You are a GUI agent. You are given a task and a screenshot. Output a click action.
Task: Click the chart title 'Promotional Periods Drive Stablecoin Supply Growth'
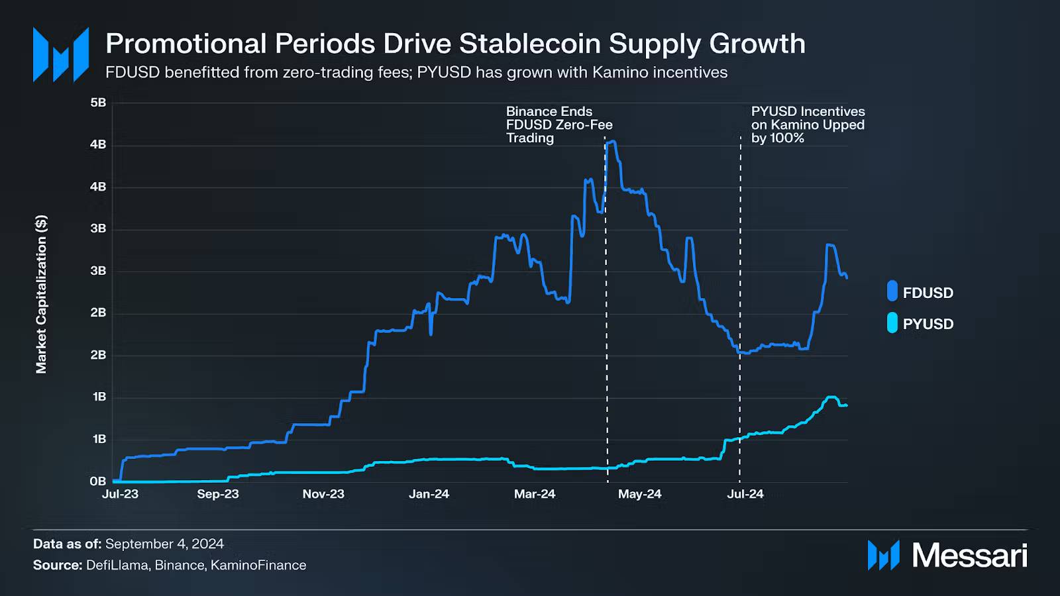coord(455,44)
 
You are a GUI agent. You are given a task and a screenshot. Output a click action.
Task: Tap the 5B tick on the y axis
coord(98,103)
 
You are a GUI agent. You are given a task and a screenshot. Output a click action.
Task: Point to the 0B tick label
coord(98,481)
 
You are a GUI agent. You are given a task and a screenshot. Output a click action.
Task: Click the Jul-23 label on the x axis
coord(120,494)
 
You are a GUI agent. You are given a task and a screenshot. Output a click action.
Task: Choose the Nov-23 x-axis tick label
coord(323,494)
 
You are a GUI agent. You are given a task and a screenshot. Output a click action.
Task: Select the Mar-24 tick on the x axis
coord(535,494)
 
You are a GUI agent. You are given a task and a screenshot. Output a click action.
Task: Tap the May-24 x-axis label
coord(639,494)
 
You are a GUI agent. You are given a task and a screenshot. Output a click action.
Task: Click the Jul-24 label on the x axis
coord(745,494)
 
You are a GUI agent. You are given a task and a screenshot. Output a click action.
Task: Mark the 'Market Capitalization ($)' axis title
coord(41,294)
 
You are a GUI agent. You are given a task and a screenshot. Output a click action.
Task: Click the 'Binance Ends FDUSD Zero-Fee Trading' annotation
coord(558,124)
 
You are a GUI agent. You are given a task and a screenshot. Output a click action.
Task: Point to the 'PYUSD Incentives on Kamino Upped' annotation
coord(808,124)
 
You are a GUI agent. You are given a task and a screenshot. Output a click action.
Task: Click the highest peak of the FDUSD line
coord(612,141)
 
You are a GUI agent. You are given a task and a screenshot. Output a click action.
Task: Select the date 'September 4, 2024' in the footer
coord(164,544)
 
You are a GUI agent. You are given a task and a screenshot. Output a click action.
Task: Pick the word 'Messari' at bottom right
coord(969,555)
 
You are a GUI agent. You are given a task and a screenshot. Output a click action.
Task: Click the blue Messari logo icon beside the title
coord(61,54)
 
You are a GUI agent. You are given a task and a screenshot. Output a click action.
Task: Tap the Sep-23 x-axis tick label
coord(217,494)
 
